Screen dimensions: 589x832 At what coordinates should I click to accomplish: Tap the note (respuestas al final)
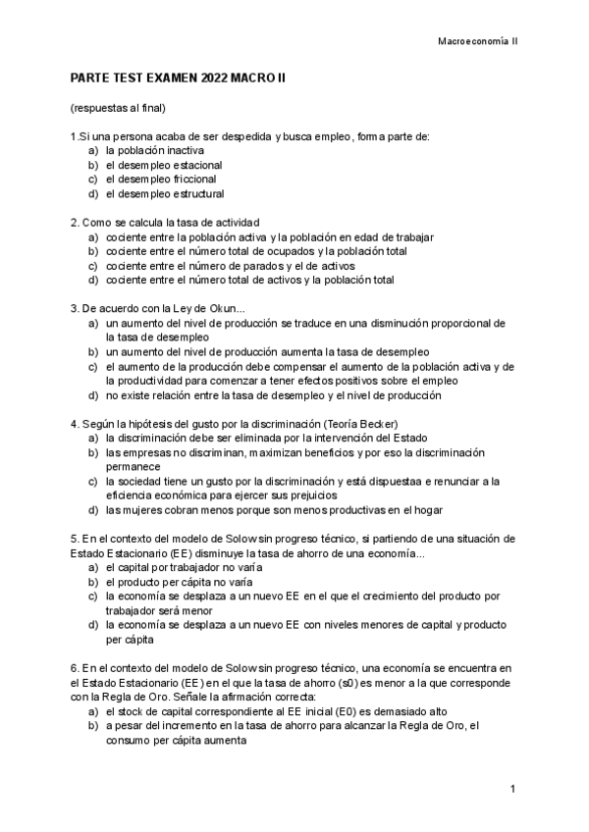click(117, 106)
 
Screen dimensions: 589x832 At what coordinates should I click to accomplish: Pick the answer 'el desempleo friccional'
click(162, 180)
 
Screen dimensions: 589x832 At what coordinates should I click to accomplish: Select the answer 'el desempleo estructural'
click(165, 194)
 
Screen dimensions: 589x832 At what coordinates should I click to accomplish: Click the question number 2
click(74, 223)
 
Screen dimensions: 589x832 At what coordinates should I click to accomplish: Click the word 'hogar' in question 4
click(427, 510)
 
